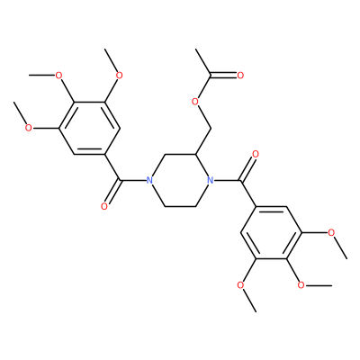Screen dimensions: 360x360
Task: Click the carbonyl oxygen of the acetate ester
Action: point(240,75)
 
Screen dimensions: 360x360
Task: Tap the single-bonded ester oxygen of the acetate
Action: point(195,102)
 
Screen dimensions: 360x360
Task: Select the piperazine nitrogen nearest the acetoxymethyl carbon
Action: point(211,181)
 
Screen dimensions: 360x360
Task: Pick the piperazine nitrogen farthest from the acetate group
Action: point(149,181)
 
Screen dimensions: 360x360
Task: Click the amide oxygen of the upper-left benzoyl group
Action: point(104,207)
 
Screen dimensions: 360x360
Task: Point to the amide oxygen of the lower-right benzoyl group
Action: point(256,155)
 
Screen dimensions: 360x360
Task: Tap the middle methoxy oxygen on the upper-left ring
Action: point(58,75)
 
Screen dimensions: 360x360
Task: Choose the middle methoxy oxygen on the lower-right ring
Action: point(301,285)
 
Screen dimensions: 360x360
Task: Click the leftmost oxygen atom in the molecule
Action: point(29,128)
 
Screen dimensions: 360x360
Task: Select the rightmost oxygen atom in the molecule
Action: point(331,233)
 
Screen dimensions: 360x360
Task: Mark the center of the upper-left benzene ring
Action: point(89,128)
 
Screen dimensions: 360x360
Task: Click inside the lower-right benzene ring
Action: point(271,233)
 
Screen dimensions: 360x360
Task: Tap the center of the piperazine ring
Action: point(180,181)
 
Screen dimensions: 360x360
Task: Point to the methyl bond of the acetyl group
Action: point(202,62)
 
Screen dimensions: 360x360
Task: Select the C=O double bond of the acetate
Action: point(223,75)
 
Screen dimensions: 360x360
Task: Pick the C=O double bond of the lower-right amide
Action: point(247,168)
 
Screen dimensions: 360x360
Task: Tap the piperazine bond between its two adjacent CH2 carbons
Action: point(180,207)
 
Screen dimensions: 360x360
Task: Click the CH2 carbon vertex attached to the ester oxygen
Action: point(211,129)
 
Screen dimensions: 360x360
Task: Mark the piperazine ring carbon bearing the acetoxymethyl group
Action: point(195,154)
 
